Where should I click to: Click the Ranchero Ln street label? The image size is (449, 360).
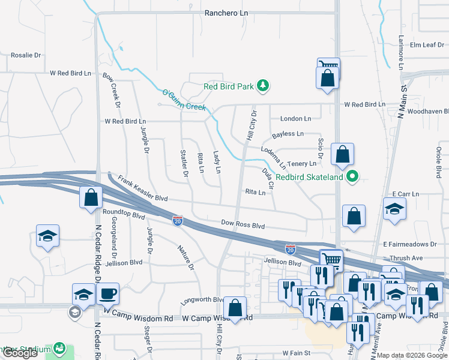(226, 13)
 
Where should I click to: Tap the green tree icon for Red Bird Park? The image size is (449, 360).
(262, 86)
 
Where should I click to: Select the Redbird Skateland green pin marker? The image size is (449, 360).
(353, 177)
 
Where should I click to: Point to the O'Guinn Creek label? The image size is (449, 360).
(184, 100)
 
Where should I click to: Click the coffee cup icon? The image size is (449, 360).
(107, 295)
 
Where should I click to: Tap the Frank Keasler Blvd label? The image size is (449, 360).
(143, 188)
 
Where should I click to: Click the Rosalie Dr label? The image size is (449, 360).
(26, 55)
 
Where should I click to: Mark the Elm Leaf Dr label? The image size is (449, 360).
(426, 44)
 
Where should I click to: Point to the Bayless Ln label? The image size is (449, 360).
(288, 134)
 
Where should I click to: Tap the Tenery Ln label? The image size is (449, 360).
(301, 164)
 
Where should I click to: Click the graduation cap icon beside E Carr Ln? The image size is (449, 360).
(394, 209)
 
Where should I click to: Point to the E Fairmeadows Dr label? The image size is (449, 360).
(410, 244)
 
